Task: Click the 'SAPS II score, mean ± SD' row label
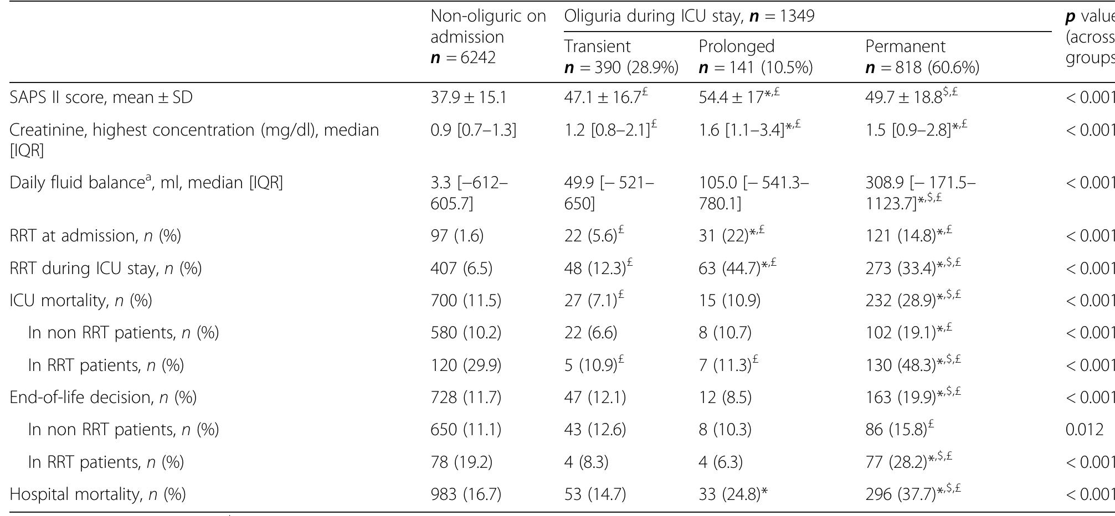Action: pos(101,97)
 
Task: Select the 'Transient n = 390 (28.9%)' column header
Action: pos(621,57)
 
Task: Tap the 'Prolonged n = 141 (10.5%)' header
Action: pos(756,57)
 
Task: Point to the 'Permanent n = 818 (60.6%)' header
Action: pos(922,57)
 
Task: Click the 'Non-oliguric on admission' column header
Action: pos(487,37)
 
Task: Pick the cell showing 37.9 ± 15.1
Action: pos(468,97)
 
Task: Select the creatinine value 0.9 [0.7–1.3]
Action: pos(473,130)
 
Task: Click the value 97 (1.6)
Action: pos(457,236)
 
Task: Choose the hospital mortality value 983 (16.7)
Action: pos(465,494)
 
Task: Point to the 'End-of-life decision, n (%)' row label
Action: pos(103,398)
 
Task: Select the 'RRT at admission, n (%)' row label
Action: pos(95,236)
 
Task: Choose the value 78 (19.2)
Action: pos(461,462)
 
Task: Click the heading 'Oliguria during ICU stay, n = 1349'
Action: pos(689,16)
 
